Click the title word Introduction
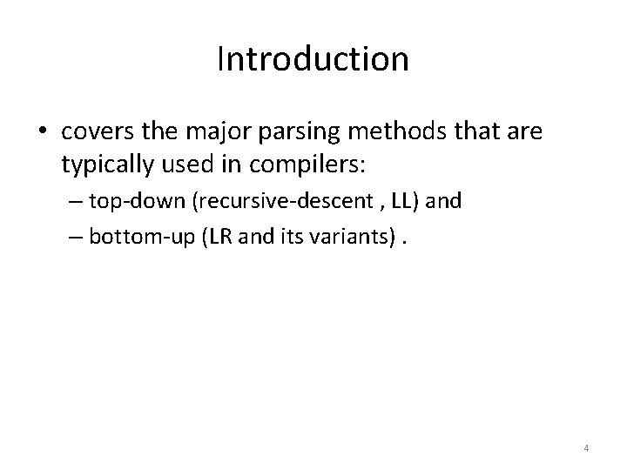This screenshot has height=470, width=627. [x=313, y=59]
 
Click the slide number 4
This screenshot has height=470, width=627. [x=586, y=448]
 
